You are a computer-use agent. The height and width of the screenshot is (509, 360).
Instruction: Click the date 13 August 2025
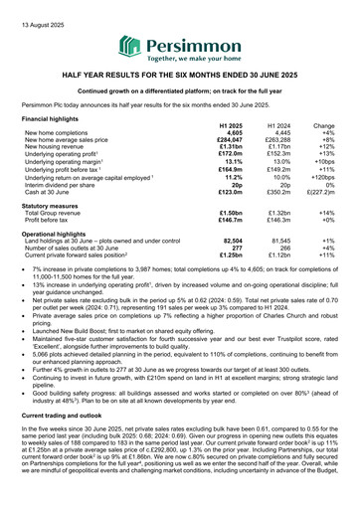(36, 12)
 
